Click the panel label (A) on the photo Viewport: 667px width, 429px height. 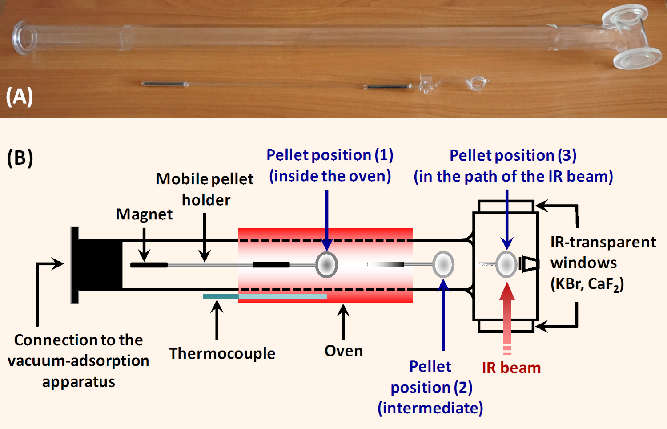tap(20, 96)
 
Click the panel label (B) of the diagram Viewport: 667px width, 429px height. tap(20, 158)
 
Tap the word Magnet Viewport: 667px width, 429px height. tap(144, 214)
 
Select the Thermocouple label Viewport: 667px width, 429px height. tap(222, 353)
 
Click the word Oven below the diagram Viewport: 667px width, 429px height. tap(343, 351)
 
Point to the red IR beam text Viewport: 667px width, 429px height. tap(511, 368)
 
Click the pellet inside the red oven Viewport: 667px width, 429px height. tap(327, 264)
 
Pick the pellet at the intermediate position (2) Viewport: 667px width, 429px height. tap(443, 264)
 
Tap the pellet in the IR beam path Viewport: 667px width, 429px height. tap(506, 264)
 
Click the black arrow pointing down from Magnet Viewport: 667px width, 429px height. tap(144, 245)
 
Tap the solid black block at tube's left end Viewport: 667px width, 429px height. tap(100, 265)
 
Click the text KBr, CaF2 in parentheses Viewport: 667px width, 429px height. tap(587, 284)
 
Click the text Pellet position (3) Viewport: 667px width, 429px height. tap(513, 155)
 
